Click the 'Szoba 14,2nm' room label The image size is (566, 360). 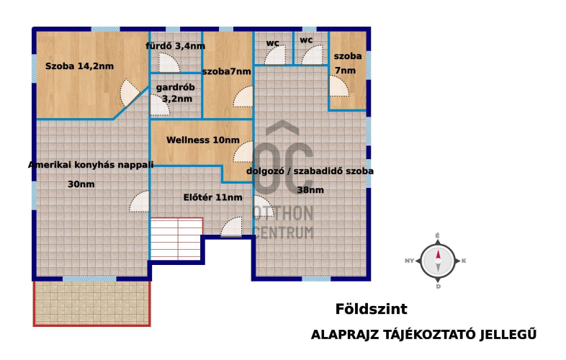79,66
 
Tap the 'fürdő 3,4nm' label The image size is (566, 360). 176,46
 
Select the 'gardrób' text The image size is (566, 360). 176,87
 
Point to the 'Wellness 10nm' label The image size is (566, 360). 203,140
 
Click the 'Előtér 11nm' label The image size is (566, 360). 212,197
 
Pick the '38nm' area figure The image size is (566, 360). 310,190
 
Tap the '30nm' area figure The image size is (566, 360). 81,184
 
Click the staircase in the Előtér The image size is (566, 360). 176,238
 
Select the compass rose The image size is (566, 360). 438,261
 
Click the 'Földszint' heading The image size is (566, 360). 371,309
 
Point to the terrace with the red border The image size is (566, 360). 91,303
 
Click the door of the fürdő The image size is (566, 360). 169,63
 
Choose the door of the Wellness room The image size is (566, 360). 243,152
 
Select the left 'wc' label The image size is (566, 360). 272,43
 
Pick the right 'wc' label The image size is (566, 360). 306,40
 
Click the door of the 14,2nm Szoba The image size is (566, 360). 130,93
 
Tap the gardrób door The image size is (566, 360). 159,105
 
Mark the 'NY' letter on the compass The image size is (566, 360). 409,261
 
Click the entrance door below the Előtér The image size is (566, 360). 231,227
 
